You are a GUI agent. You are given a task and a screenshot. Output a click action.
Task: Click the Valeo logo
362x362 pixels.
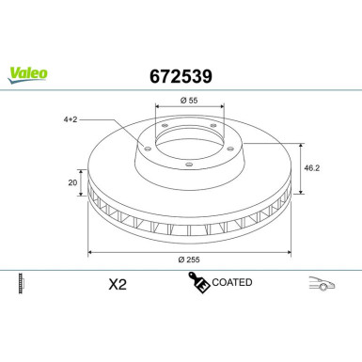(x=28, y=75)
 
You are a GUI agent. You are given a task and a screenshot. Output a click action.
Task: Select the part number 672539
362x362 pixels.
(x=181, y=76)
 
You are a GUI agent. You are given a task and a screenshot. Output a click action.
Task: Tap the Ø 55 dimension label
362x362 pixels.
(x=189, y=101)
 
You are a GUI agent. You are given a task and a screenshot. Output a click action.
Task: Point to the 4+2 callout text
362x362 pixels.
(x=71, y=119)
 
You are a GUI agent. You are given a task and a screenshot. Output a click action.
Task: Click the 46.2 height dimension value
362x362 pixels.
(x=312, y=168)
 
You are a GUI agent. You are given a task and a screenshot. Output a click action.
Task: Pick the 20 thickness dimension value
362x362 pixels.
(x=72, y=182)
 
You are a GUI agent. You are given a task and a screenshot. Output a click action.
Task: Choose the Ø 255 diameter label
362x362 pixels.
(x=189, y=260)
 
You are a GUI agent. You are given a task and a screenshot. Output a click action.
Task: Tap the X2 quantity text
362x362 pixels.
(x=118, y=285)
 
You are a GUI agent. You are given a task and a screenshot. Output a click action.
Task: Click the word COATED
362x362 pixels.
(x=232, y=282)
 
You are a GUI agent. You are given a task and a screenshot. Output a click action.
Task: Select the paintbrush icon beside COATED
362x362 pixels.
(x=199, y=282)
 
